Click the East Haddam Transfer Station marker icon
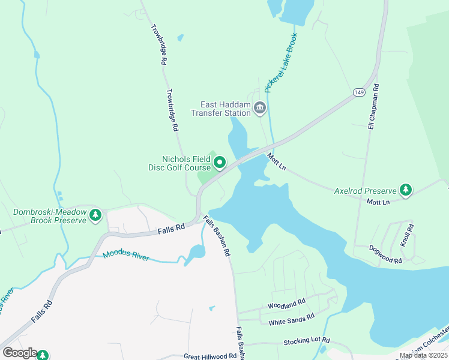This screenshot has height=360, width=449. click(x=260, y=108)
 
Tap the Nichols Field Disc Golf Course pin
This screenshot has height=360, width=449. click(x=220, y=162)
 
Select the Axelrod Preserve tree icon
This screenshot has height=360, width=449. click(x=406, y=190)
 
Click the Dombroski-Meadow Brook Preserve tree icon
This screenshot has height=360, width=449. click(x=95, y=215)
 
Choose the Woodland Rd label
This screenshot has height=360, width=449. click(x=287, y=304)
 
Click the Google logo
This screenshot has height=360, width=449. click(x=20, y=353)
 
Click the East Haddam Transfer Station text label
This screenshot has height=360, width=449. click(x=221, y=109)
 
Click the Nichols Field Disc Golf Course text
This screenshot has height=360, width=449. click(x=179, y=163)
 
